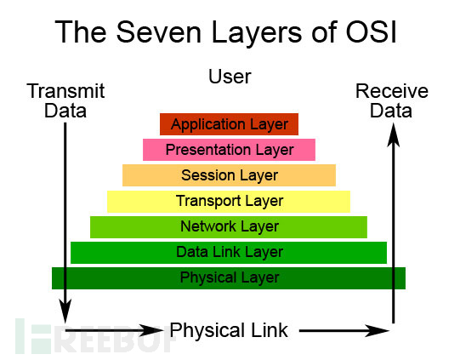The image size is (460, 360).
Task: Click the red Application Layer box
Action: tap(229, 124)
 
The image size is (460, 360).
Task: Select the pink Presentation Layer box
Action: tap(229, 150)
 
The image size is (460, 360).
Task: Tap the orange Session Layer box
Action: tap(229, 175)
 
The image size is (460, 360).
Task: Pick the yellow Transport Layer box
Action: tap(229, 201)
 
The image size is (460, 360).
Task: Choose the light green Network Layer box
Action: tap(229, 226)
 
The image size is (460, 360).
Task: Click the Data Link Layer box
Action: tap(229, 252)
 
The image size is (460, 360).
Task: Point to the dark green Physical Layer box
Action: tap(229, 277)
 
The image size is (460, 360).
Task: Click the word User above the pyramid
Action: tap(230, 77)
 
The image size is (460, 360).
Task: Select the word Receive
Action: tap(392, 91)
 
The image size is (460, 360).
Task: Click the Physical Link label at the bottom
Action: tap(229, 330)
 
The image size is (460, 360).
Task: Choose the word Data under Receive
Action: tap(392, 111)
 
